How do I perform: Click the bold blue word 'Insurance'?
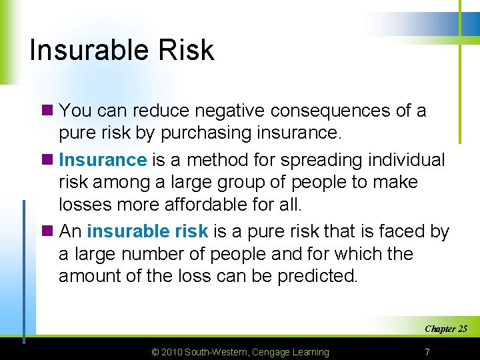pos(103,160)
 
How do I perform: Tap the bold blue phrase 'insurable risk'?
pos(147,231)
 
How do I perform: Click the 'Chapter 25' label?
pos(445,329)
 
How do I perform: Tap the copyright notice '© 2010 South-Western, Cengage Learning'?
pos(240,352)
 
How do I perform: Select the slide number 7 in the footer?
pos(427,352)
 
